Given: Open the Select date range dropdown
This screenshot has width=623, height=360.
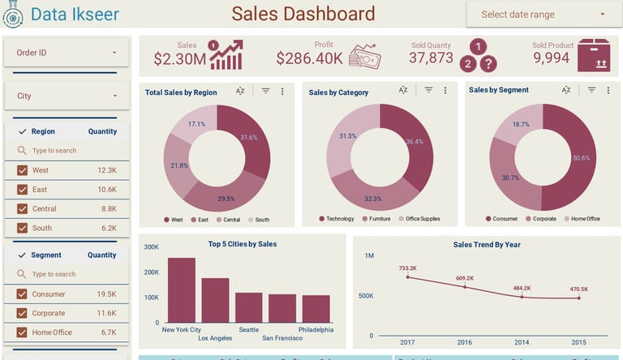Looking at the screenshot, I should (x=543, y=15).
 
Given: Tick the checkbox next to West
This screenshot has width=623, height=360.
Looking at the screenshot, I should (x=22, y=170).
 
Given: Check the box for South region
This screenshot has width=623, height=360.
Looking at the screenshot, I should (x=22, y=229).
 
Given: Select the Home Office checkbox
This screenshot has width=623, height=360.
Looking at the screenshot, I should (x=22, y=332).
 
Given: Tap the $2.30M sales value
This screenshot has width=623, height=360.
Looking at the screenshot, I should (x=179, y=58).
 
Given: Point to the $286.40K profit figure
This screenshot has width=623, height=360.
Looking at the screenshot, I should (x=309, y=58).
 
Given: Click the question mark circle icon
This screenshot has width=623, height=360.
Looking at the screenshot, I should (x=488, y=64).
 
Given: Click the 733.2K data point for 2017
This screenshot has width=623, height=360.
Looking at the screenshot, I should (x=408, y=277).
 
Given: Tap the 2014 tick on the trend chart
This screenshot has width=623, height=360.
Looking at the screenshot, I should (x=522, y=342).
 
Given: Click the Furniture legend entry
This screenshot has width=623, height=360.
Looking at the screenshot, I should (x=377, y=219).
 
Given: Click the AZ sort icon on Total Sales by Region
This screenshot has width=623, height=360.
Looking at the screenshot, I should (x=241, y=92).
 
